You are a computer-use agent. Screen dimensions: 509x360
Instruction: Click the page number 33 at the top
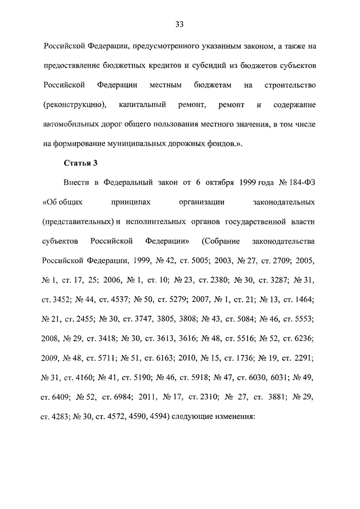pyautogui.click(x=179, y=24)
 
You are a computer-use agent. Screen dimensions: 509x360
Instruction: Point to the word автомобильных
pyautogui.click(x=70, y=123)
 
